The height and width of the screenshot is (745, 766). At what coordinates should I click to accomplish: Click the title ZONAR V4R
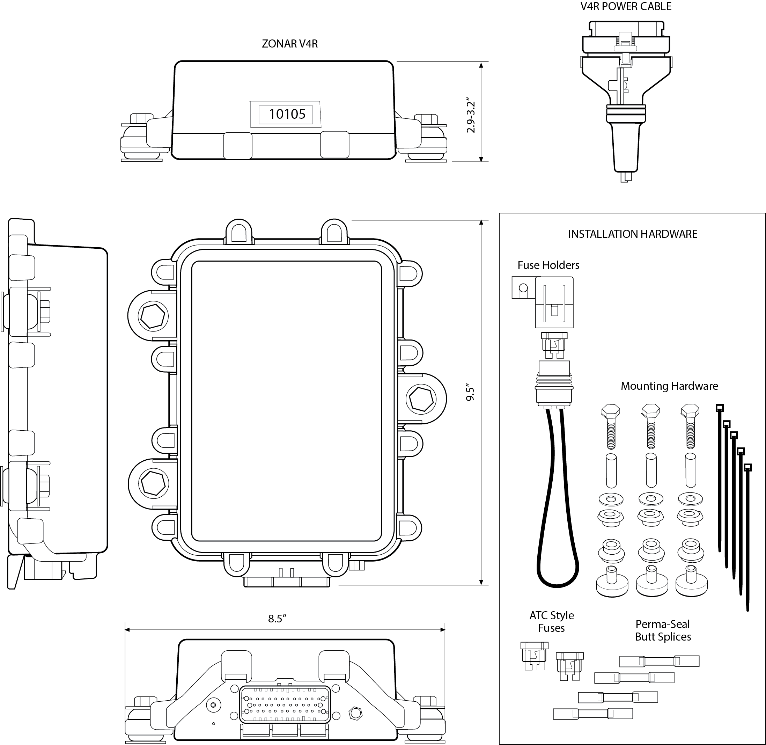(x=289, y=44)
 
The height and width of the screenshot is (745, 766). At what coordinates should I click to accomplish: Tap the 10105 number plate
(x=287, y=114)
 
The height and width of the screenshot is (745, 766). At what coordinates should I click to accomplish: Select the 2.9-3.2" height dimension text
(x=471, y=115)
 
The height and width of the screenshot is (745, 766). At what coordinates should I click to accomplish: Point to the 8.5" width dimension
(x=277, y=619)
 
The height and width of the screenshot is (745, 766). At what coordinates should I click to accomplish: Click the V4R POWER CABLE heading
(x=626, y=7)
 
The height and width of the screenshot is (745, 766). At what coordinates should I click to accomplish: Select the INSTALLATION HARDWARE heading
(x=632, y=234)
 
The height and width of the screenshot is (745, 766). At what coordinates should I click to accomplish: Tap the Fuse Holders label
(x=548, y=265)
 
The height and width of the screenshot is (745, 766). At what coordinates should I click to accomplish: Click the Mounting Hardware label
(x=669, y=386)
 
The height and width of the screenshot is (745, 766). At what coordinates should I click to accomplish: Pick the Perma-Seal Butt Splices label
(x=663, y=630)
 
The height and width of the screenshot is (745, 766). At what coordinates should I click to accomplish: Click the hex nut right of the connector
(x=355, y=713)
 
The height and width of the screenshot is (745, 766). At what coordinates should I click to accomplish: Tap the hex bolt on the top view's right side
(x=421, y=399)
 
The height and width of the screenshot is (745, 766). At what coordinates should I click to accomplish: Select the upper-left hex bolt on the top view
(x=153, y=315)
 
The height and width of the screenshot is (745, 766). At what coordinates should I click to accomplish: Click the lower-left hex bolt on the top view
(x=153, y=484)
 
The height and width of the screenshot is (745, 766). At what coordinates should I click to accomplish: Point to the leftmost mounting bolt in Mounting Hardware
(x=611, y=426)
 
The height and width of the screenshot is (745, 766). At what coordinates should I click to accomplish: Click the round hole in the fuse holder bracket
(x=523, y=288)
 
